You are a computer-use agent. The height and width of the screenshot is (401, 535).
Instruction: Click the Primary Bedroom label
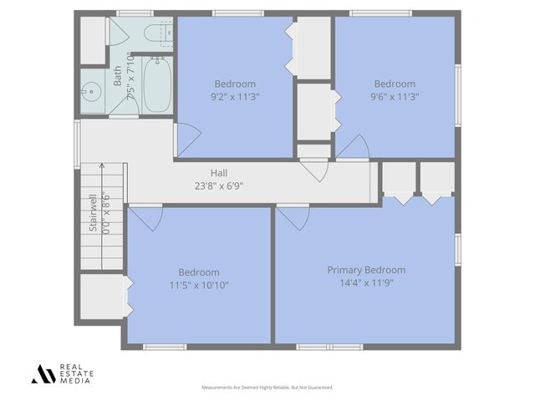(x=366, y=270)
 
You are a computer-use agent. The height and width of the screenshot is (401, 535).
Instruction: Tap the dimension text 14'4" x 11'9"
(x=366, y=282)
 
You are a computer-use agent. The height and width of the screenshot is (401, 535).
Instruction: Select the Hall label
(x=219, y=173)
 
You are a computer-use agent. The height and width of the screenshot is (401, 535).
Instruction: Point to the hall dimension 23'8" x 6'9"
(x=219, y=185)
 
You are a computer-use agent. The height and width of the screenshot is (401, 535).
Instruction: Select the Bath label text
(x=118, y=78)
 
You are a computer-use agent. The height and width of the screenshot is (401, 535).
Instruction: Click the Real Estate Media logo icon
(x=43, y=373)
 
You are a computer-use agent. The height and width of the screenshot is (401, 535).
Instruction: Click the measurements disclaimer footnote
(x=267, y=388)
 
